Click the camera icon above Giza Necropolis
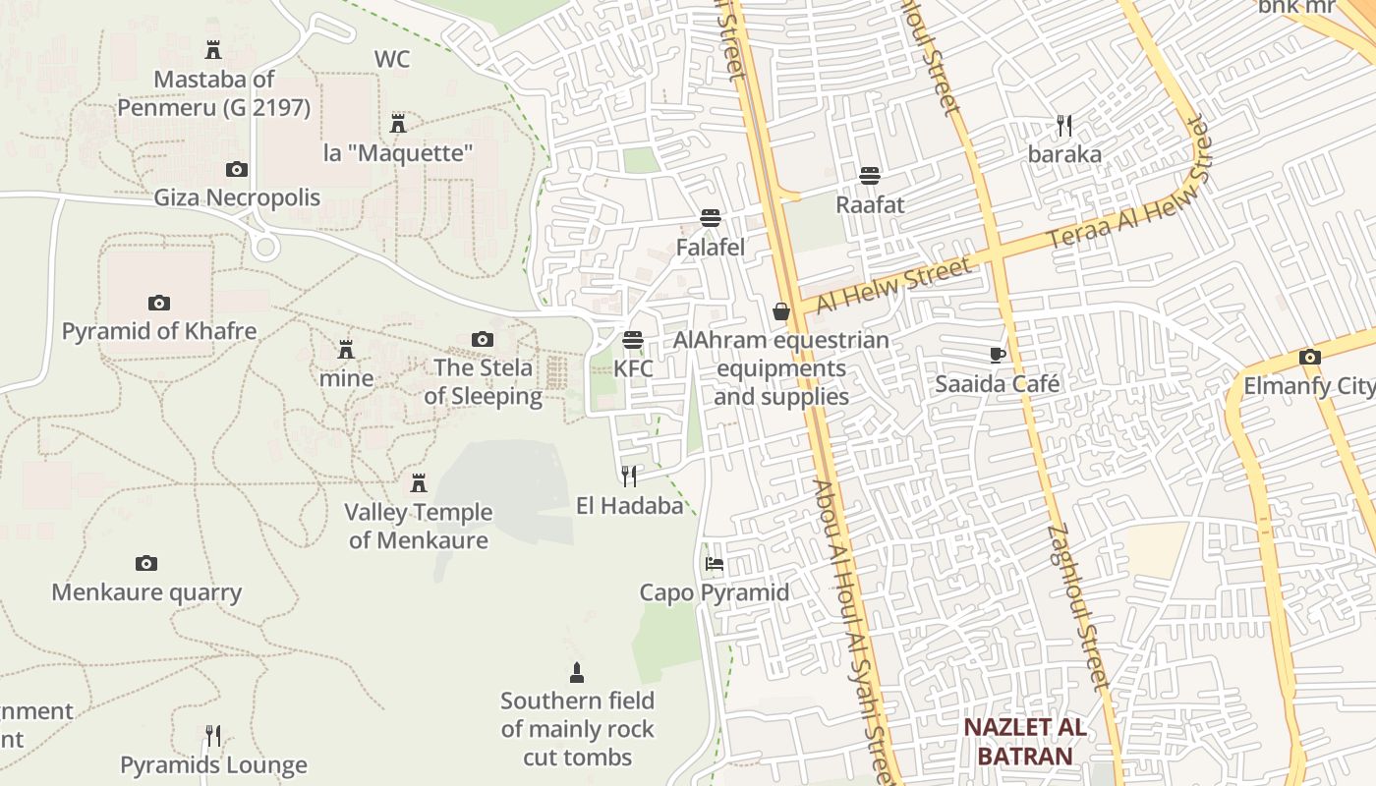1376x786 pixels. (236, 169)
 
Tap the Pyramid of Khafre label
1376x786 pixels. (159, 331)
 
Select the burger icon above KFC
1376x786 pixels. (633, 340)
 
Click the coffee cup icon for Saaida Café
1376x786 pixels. (998, 355)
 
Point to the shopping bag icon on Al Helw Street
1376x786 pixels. (781, 311)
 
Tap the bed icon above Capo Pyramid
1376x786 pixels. (715, 564)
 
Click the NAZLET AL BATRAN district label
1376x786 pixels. (1024, 742)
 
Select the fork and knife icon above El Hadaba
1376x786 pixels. (629, 477)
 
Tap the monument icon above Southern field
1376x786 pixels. (577, 673)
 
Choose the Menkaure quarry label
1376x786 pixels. (146, 592)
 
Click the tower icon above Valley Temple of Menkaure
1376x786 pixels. (419, 483)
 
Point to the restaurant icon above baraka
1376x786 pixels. (1064, 126)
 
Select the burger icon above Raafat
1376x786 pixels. (870, 176)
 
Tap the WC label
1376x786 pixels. (392, 59)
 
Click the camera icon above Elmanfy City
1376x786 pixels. (1309, 357)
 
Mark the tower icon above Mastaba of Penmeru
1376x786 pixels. (212, 49)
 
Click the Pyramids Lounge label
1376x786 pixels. (213, 764)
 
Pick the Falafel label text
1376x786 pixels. (711, 248)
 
